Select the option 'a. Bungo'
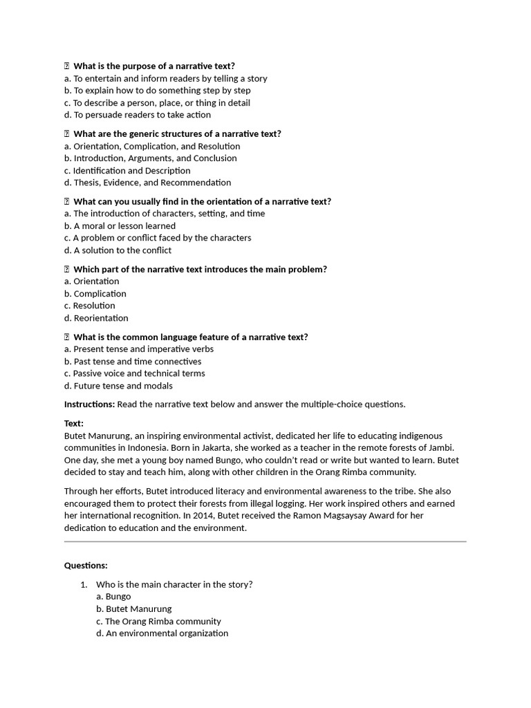113,596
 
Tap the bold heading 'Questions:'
86,565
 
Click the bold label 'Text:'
74,423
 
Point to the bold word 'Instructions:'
89,404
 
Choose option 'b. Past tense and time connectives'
133,361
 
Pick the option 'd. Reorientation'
96,318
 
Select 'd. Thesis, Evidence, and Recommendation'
148,183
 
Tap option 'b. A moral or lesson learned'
120,225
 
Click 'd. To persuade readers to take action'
138,115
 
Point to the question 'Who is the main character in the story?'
174,584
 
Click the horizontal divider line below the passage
265,541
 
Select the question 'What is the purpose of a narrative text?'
154,66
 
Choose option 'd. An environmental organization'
162,633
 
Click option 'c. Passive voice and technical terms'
135,373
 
